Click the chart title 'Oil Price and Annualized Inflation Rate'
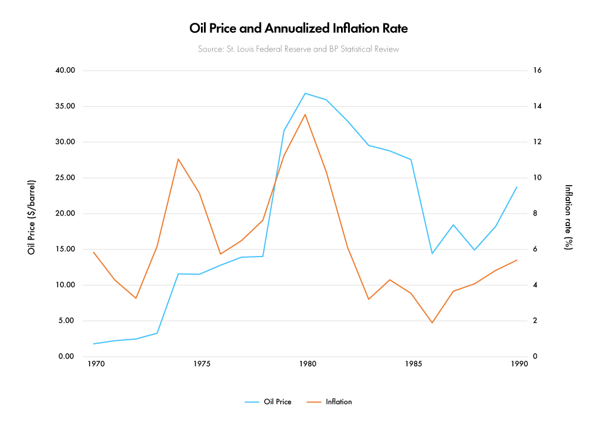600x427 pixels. click(x=298, y=28)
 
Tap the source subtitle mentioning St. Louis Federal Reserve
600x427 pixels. click(x=298, y=49)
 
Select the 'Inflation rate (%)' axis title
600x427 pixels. click(x=568, y=217)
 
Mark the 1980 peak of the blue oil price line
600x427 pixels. click(x=305, y=93)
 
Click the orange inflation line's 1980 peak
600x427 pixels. click(x=305, y=114)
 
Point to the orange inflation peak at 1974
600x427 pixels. click(x=178, y=159)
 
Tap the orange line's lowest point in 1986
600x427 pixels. click(x=432, y=323)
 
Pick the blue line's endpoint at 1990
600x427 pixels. click(x=517, y=187)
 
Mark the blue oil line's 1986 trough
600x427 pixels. click(x=432, y=254)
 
